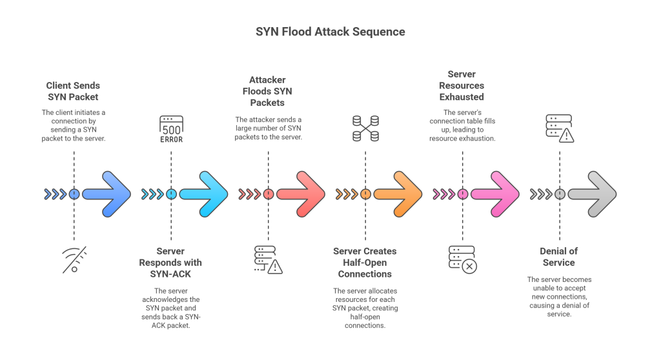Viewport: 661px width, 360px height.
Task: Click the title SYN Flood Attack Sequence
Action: [330, 32]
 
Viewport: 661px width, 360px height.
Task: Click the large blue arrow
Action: [107, 194]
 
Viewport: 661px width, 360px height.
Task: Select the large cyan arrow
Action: [203, 194]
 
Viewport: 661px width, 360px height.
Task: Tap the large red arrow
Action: [301, 194]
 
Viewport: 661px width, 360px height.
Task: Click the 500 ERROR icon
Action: [171, 129]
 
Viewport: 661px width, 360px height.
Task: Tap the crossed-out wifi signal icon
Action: [74, 259]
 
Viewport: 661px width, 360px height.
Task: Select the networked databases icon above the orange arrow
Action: [365, 129]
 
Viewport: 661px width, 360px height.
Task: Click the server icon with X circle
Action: [462, 259]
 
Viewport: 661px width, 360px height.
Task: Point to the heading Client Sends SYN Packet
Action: [73, 91]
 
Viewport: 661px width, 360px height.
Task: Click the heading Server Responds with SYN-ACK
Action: [170, 263]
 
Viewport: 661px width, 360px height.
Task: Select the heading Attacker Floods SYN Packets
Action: [268, 91]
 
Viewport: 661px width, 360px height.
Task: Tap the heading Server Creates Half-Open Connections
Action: [365, 263]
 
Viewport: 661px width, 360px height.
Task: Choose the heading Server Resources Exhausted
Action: [462, 85]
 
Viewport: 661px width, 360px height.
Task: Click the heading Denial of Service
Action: [558, 257]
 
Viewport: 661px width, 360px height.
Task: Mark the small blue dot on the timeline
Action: [74, 194]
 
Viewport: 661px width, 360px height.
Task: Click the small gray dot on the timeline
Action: [560, 194]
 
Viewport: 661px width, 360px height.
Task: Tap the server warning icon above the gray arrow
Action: [559, 128]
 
